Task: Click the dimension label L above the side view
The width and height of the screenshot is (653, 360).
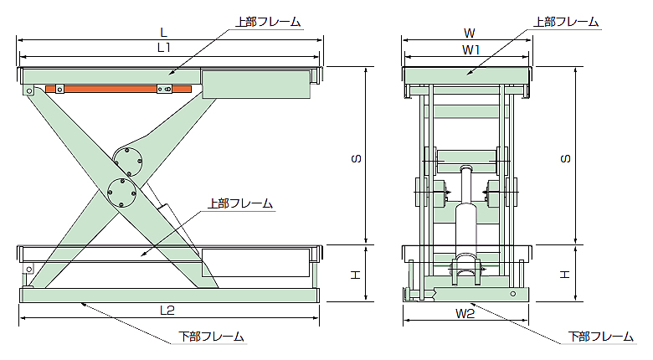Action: [164, 32]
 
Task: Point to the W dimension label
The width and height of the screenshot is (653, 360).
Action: [470, 33]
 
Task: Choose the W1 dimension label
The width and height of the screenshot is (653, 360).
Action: [470, 49]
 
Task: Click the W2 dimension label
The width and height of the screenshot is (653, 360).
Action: [465, 314]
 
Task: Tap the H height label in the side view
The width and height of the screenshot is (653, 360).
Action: [355, 273]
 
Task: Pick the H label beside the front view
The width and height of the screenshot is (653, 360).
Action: [564, 273]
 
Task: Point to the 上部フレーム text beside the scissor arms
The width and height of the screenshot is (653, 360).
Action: [239, 203]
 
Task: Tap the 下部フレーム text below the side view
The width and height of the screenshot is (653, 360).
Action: [213, 337]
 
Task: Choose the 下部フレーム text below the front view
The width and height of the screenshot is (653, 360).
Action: [600, 337]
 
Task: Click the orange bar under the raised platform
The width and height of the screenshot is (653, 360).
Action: [126, 88]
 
